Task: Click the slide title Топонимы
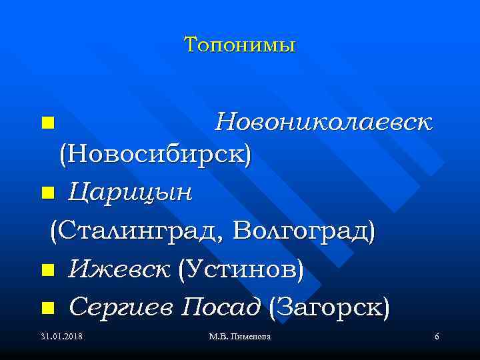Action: tap(239, 45)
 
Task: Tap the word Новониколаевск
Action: tap(323, 122)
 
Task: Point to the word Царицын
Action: tap(130, 193)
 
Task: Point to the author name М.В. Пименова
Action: tap(239, 337)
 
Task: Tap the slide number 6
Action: tap(436, 337)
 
